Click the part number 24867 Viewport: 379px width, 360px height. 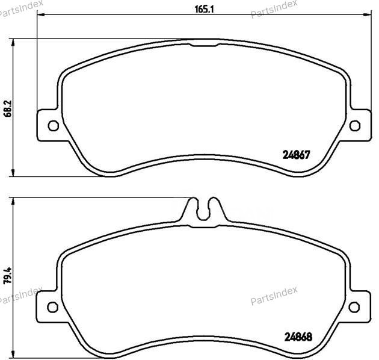(x=296, y=154)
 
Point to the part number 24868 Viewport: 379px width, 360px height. (x=296, y=338)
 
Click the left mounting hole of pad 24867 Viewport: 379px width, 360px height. (x=52, y=125)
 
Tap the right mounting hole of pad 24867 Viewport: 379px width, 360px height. (x=354, y=125)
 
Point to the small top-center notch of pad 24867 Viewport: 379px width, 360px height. (x=206, y=45)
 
